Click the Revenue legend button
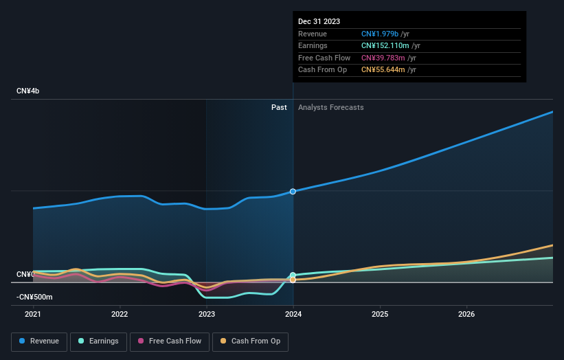pyautogui.click(x=39, y=341)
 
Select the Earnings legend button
pyautogui.click(x=98, y=341)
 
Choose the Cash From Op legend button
pyautogui.click(x=251, y=341)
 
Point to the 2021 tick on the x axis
pyautogui.click(x=33, y=315)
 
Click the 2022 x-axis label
pyautogui.click(x=120, y=315)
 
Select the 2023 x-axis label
pyautogui.click(x=206, y=315)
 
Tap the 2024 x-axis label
pyautogui.click(x=293, y=315)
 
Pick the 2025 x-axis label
pyautogui.click(x=380, y=315)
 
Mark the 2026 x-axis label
pyautogui.click(x=466, y=315)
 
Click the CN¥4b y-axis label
pyautogui.click(x=28, y=91)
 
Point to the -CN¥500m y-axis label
pyautogui.click(x=35, y=297)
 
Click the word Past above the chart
pyautogui.click(x=279, y=107)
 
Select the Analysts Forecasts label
pyautogui.click(x=330, y=107)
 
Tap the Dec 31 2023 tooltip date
pyautogui.click(x=319, y=22)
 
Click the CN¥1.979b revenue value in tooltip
pyautogui.click(x=381, y=34)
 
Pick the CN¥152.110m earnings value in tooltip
pyautogui.click(x=385, y=46)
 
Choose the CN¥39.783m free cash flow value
pyautogui.click(x=383, y=58)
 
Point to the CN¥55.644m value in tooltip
pyautogui.click(x=383, y=69)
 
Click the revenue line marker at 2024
pyautogui.click(x=293, y=191)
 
